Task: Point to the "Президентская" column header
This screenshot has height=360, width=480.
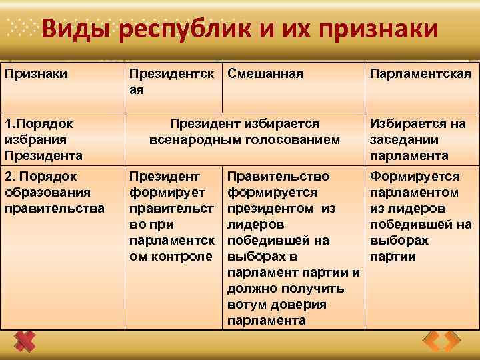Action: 171,81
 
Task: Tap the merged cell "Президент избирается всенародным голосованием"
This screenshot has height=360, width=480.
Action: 245,132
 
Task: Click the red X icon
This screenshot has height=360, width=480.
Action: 25,341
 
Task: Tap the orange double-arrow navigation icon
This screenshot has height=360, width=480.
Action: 441,342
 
